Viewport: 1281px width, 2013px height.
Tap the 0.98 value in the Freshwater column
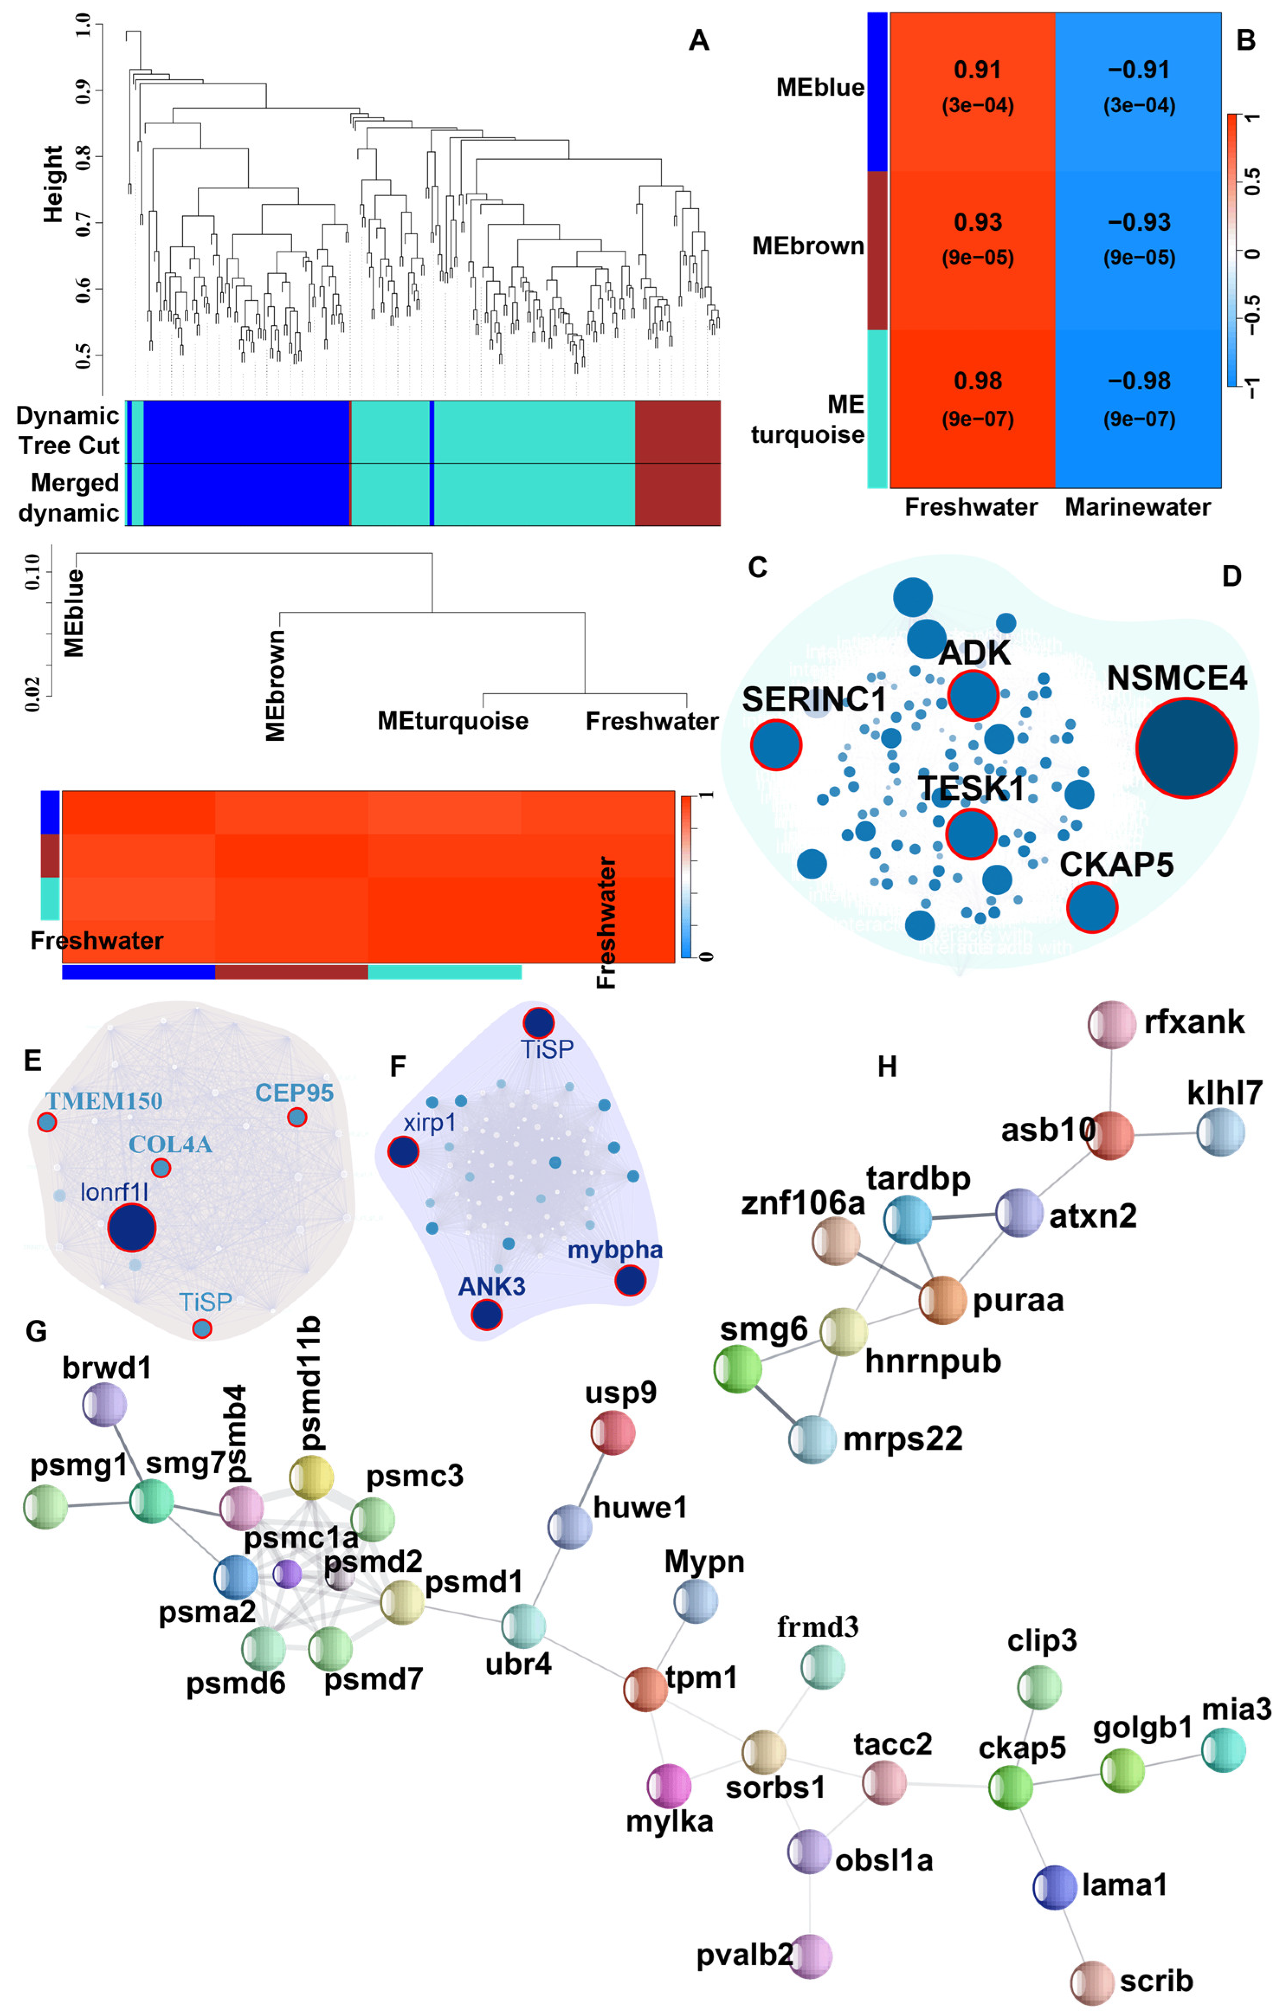point(978,381)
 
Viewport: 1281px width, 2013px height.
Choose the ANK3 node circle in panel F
point(486,1315)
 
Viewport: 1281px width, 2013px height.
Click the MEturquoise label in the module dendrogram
point(453,721)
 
